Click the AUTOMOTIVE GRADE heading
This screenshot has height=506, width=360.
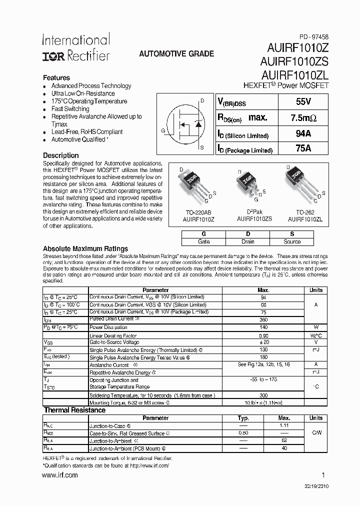click(x=176, y=54)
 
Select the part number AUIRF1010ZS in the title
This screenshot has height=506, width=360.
click(x=294, y=62)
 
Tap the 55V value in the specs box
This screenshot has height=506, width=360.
click(x=303, y=102)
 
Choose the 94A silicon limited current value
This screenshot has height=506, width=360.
click(x=303, y=133)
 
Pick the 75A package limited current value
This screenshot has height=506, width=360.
click(x=303, y=148)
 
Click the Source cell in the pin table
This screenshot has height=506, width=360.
click(x=292, y=241)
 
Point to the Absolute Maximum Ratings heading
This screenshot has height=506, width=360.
click(x=85, y=248)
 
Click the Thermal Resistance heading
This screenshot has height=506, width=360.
click(x=74, y=410)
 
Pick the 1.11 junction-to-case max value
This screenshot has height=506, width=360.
click(x=283, y=425)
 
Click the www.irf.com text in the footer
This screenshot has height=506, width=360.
click(x=60, y=475)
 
